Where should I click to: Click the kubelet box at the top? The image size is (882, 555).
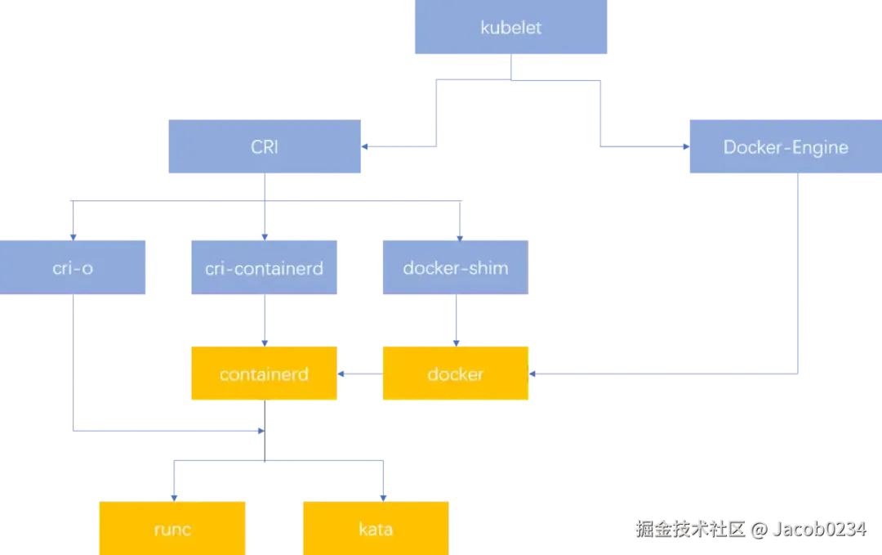click(512, 28)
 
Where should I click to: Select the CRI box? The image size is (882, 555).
click(264, 147)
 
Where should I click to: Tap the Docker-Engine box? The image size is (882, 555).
click(785, 147)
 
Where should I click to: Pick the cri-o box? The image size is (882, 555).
click(73, 267)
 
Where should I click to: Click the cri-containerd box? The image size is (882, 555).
click(264, 267)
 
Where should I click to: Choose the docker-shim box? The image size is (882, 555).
click(455, 267)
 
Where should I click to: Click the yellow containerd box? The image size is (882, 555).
click(264, 374)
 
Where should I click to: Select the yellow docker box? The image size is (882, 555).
click(455, 374)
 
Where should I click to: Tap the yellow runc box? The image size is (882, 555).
click(172, 529)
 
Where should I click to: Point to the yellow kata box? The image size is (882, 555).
click(376, 529)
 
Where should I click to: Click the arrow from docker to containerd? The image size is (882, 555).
click(359, 374)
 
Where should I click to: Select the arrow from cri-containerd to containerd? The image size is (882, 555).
click(264, 320)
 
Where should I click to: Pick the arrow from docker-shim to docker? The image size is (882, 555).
click(455, 320)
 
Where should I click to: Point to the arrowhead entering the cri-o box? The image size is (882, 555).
click(73, 235)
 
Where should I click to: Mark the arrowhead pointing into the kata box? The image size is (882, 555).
click(382, 495)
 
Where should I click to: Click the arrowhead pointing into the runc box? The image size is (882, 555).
click(172, 495)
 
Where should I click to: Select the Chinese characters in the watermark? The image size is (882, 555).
click(690, 528)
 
